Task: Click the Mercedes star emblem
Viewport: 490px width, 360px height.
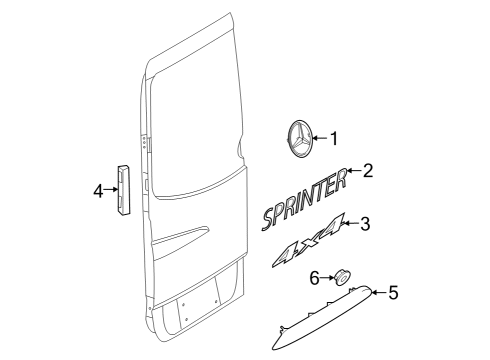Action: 299,138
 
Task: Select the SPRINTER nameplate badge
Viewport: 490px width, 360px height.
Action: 305,199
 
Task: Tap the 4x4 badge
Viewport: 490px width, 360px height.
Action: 308,241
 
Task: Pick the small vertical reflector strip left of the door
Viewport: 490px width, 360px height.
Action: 123,191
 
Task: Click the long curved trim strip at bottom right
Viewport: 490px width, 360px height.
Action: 322,317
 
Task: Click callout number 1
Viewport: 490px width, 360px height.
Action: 334,139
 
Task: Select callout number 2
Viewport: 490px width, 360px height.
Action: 367,170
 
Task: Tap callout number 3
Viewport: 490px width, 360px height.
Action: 365,224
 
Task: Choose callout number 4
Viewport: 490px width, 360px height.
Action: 98,191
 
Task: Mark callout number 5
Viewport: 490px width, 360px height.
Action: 393,293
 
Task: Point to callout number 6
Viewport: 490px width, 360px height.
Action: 315,278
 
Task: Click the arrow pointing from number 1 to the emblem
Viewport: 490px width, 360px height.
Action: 320,138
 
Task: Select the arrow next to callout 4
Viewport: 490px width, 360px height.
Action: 111,190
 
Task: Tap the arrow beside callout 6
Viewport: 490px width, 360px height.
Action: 328,278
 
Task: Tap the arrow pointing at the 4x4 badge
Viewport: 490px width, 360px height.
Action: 352,223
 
